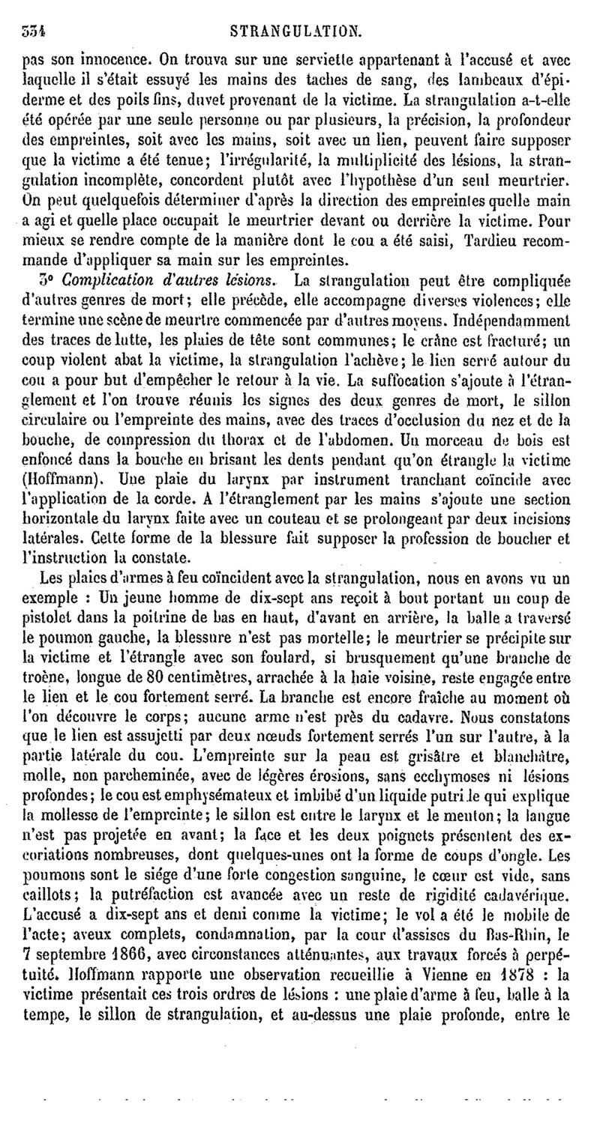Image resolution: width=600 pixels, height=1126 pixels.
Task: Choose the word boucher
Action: pyautogui.click(x=532, y=536)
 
